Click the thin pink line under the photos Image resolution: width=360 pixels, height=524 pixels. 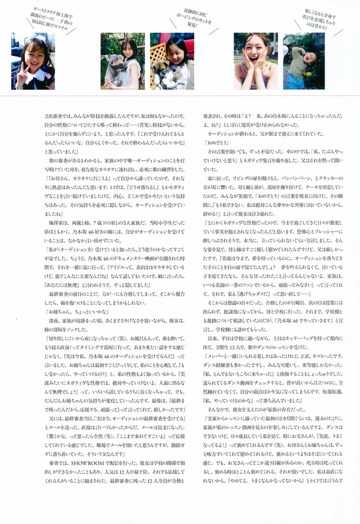point(180,95)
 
